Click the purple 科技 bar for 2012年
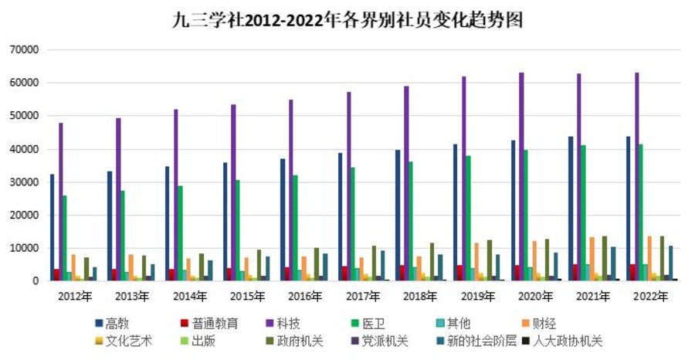pyautogui.click(x=61, y=202)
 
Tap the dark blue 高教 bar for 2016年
pyautogui.click(x=283, y=219)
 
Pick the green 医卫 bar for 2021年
pyautogui.click(x=583, y=213)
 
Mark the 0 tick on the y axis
pyautogui.click(x=35, y=281)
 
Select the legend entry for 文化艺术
pyautogui.click(x=125, y=341)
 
